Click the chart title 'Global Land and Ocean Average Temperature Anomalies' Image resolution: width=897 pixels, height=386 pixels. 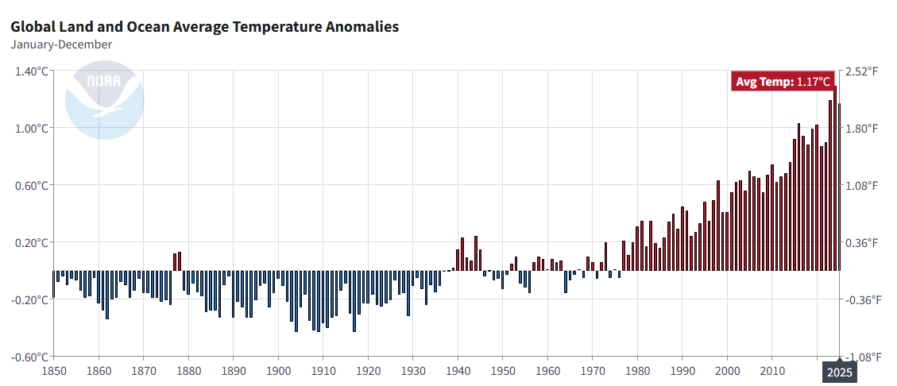205,27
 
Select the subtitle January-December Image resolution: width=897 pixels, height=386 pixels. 61,44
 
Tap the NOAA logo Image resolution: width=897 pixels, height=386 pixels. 104,99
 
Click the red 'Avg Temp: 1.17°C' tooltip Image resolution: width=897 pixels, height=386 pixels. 783,82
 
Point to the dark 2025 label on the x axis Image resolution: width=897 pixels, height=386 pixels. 839,372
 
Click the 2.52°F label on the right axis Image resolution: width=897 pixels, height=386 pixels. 861,71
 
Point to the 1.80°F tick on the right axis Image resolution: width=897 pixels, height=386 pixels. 861,128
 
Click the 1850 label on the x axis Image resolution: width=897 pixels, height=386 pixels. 54,371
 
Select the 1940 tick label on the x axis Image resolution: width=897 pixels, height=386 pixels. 458,371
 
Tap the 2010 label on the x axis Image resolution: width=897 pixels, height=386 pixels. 771,371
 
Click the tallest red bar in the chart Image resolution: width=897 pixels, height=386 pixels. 835,179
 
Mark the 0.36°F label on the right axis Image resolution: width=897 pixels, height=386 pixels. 861,242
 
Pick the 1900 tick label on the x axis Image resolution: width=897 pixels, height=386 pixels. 278,371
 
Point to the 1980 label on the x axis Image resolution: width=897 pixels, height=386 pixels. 637,371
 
